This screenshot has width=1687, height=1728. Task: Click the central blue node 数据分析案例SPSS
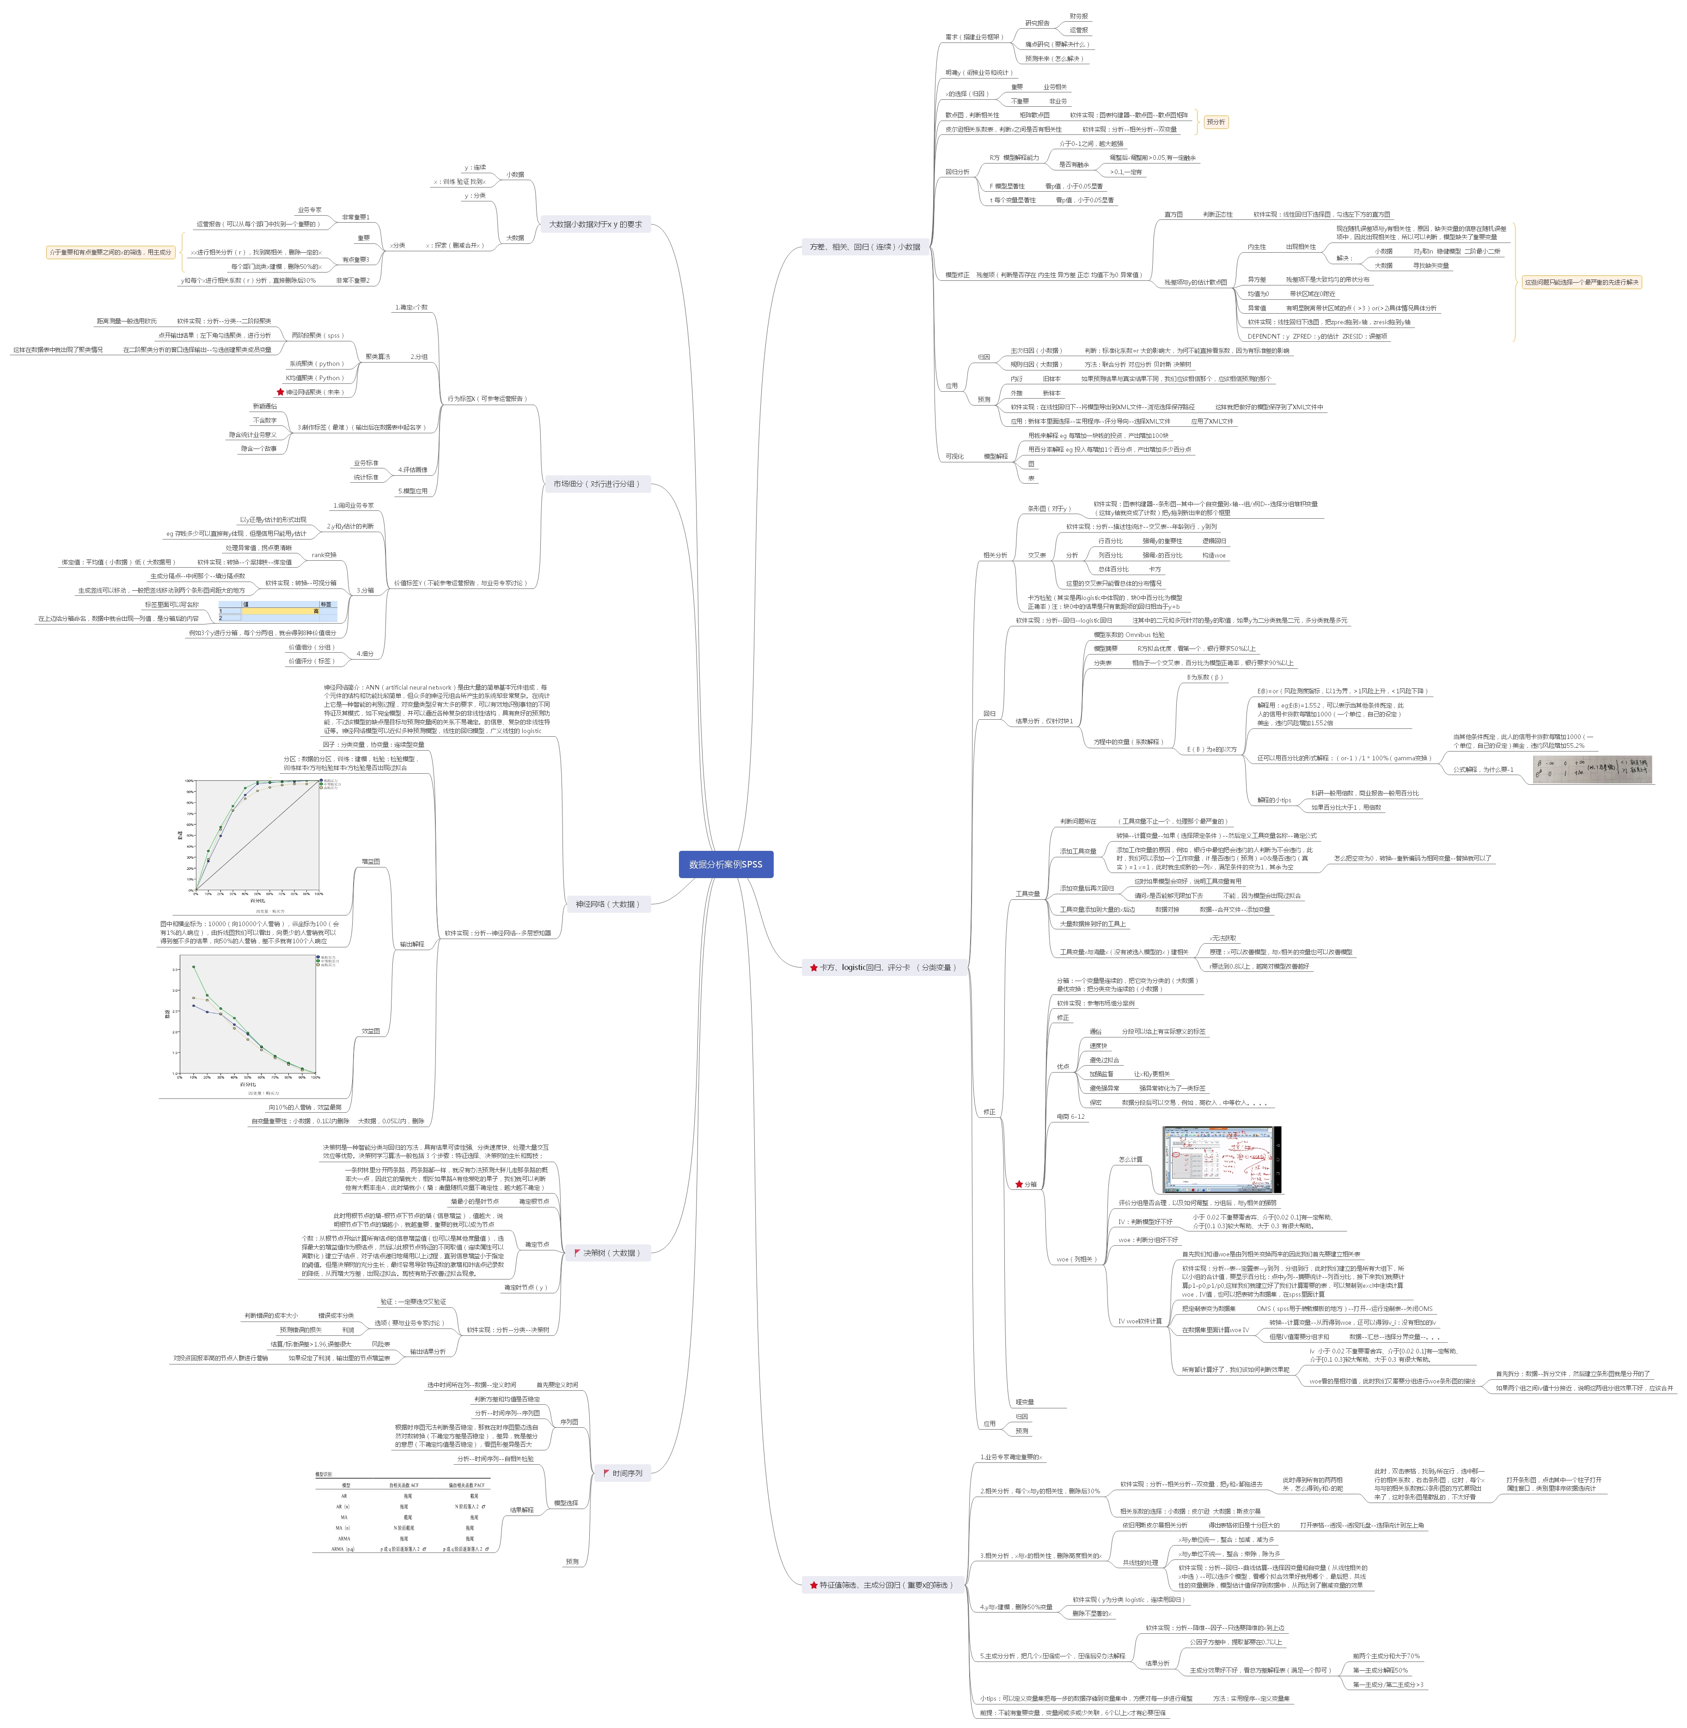(726, 864)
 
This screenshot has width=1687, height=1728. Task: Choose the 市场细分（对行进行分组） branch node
(596, 484)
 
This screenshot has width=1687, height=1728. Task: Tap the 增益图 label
(370, 861)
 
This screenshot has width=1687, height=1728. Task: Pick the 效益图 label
(370, 1031)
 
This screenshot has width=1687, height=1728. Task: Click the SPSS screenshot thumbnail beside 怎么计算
(1221, 1160)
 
